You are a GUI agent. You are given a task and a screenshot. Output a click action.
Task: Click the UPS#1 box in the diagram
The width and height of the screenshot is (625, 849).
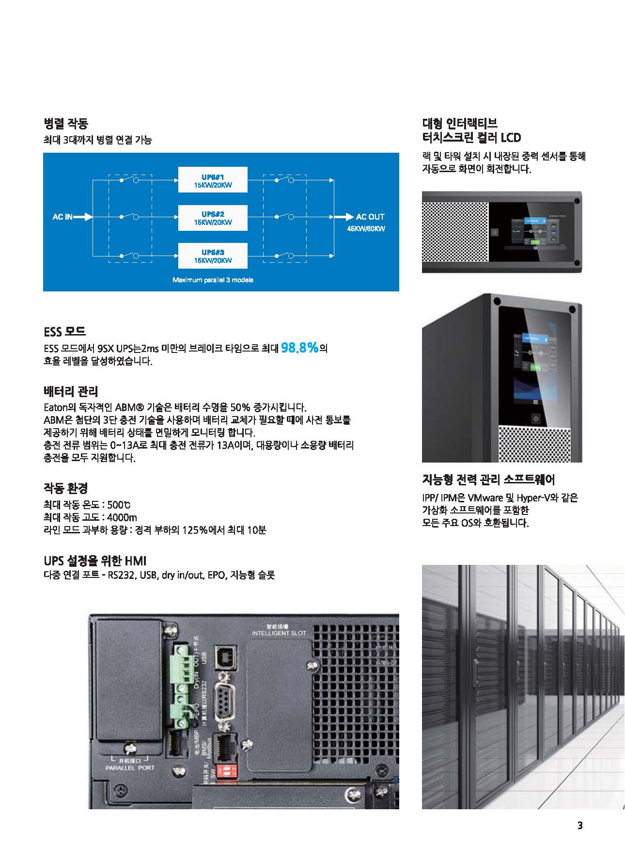point(213,180)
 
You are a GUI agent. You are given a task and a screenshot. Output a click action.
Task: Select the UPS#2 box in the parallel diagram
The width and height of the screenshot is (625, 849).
point(213,218)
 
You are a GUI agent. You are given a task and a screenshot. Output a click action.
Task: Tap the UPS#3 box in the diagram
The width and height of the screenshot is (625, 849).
point(213,256)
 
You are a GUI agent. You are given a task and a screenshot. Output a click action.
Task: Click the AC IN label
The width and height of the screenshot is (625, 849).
point(62,217)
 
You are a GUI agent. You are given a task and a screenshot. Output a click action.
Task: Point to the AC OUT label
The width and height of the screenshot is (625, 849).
point(370,217)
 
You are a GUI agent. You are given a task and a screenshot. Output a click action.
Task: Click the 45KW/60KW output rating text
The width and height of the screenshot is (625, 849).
point(366,229)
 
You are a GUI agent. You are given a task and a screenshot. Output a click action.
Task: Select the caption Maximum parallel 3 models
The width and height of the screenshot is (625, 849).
point(213,280)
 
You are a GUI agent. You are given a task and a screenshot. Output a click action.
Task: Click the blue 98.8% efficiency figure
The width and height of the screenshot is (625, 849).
point(299,348)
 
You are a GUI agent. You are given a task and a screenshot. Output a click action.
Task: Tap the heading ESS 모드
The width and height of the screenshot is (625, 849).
point(64,332)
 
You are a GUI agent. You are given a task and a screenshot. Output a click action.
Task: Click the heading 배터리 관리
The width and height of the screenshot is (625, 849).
point(71,391)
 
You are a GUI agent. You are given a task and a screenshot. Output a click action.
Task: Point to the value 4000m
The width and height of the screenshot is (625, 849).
point(122,517)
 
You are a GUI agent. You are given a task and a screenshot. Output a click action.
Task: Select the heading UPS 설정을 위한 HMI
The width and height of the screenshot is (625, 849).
point(95,561)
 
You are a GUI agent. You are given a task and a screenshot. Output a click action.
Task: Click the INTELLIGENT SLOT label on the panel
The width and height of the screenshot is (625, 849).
point(279,633)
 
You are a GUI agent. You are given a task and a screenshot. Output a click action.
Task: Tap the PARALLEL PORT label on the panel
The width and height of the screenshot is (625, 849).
point(130,768)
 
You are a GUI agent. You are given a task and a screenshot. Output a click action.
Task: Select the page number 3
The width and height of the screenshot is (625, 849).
point(580,825)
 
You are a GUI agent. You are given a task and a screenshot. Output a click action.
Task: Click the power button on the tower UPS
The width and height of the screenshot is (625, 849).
point(535,418)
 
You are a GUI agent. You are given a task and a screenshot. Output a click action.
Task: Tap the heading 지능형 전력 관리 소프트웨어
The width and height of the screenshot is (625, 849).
point(488,480)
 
